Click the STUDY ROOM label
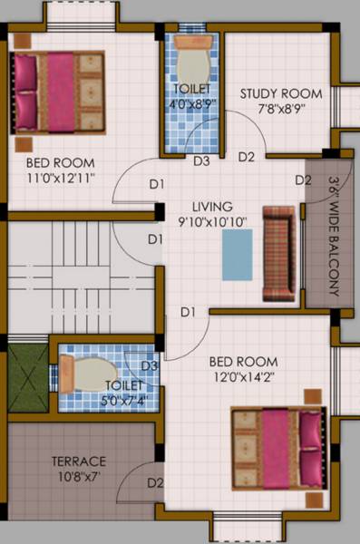click(x=280, y=92)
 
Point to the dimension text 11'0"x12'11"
click(x=62, y=178)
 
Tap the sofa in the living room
click(x=278, y=254)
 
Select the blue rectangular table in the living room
click(x=237, y=254)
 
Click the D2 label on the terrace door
click(x=155, y=481)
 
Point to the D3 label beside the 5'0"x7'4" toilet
click(x=151, y=365)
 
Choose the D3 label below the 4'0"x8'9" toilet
click(x=201, y=161)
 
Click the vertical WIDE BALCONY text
click(x=333, y=236)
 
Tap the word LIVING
click(x=212, y=206)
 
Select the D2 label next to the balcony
click(x=303, y=180)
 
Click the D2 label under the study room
click(x=246, y=157)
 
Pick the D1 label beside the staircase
click(x=155, y=239)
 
